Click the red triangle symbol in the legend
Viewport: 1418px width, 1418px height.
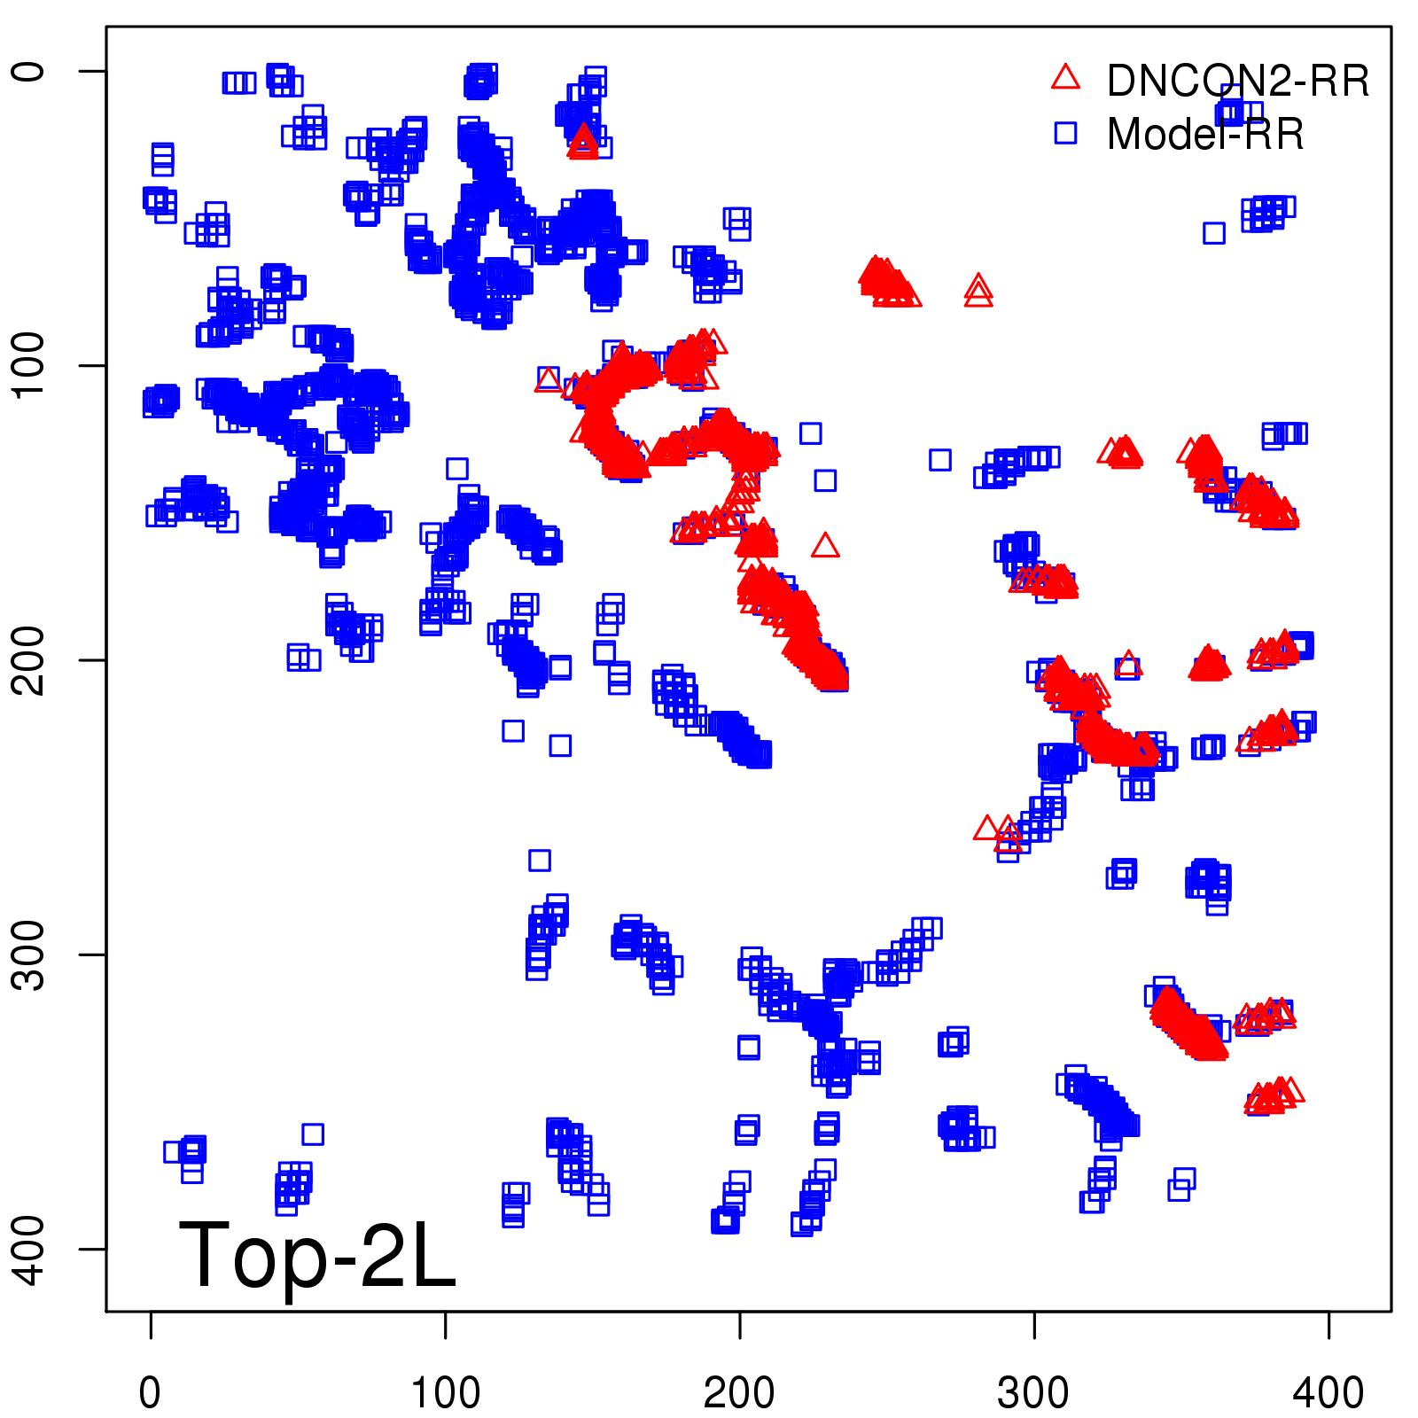pyautogui.click(x=1065, y=78)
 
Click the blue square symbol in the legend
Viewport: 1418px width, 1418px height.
pyautogui.click(x=1065, y=133)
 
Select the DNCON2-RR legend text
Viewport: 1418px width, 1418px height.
pyautogui.click(x=1237, y=81)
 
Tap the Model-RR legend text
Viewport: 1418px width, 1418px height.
pyautogui.click(x=1205, y=135)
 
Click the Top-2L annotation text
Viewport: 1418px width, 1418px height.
pyautogui.click(x=316, y=1255)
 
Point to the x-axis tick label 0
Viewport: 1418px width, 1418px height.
pyautogui.click(x=151, y=1393)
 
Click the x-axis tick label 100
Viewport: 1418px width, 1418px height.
pyautogui.click(x=445, y=1393)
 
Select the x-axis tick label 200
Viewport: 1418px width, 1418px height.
pyautogui.click(x=739, y=1393)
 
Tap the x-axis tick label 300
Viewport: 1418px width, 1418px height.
pyautogui.click(x=1033, y=1393)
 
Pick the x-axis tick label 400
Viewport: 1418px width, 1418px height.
pyautogui.click(x=1328, y=1393)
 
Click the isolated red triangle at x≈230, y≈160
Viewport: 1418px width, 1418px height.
pyautogui.click(x=825, y=546)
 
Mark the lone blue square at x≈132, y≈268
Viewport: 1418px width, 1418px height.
pyautogui.click(x=540, y=860)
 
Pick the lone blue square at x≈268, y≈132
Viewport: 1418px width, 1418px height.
pyautogui.click(x=940, y=460)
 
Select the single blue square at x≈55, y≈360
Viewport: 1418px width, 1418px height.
pyautogui.click(x=313, y=1134)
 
